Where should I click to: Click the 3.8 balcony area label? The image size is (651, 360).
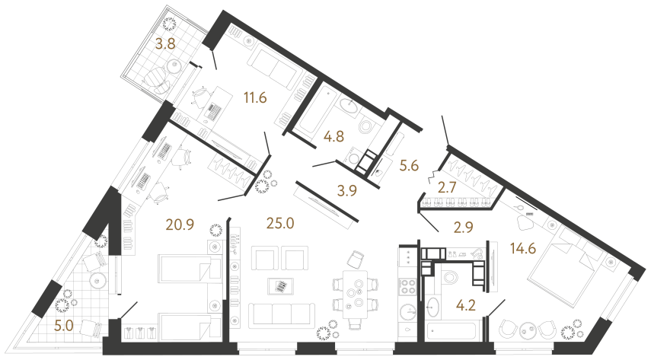click(165, 43)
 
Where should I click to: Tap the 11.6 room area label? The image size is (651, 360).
click(255, 98)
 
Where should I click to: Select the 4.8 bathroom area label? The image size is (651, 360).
click(333, 136)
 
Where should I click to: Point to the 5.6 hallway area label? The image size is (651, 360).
click(409, 166)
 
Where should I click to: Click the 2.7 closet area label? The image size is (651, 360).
click(447, 187)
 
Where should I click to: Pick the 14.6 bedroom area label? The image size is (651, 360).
click(523, 248)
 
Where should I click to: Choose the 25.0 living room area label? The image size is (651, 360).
click(280, 224)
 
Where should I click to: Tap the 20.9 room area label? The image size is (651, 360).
click(180, 225)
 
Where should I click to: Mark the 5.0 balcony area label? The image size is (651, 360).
click(64, 325)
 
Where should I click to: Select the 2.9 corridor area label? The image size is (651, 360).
click(464, 227)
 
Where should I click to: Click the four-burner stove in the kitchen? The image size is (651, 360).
click(407, 288)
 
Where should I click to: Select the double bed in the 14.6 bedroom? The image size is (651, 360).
click(563, 266)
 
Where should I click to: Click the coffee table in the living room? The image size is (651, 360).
click(281, 286)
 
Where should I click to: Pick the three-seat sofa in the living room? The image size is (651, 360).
click(282, 314)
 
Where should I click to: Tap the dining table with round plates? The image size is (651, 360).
click(355, 294)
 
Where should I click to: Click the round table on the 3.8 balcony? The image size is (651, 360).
click(174, 65)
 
